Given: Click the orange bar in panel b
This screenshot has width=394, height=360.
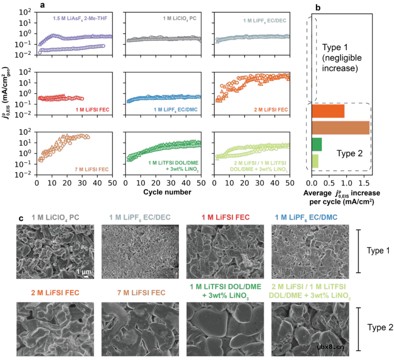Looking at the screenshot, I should click(327, 111).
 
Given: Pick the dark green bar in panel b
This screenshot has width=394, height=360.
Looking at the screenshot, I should click(316, 144).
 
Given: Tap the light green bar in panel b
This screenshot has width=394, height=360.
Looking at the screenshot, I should click(315, 161).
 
